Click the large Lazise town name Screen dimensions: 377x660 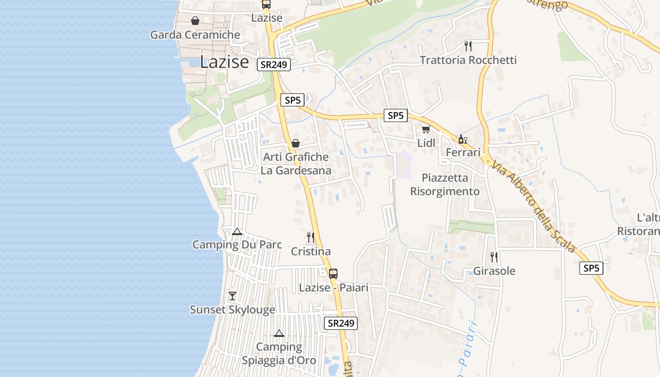tap(224, 62)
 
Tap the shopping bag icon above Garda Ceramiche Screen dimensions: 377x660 tap(195, 21)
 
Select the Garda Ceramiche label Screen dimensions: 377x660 tap(195, 35)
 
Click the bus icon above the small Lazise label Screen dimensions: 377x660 tap(266, 4)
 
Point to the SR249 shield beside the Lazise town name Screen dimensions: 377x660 tap(273, 65)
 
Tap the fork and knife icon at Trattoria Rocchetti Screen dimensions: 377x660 tap(468, 46)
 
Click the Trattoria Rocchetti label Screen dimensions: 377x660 tap(468, 60)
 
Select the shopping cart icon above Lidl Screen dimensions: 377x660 tap(426, 129)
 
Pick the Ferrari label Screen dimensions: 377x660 tap(463, 152)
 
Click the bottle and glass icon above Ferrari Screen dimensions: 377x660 tap(462, 139)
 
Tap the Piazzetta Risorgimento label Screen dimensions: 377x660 tap(445, 184)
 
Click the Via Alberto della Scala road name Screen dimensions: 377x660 tap(533, 206)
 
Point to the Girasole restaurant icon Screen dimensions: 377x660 tap(494, 257)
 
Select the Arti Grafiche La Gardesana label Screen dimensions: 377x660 tap(296, 164)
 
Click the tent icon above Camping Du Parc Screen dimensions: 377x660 tap(237, 231)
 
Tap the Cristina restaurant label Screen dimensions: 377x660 tap(311, 252)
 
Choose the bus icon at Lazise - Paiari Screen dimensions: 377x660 tap(333, 273)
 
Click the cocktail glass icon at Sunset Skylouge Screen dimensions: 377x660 tap(232, 296)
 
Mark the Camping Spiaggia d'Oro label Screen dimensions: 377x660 tap(279, 353)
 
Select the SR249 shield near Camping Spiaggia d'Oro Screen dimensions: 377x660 tap(341, 323)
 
